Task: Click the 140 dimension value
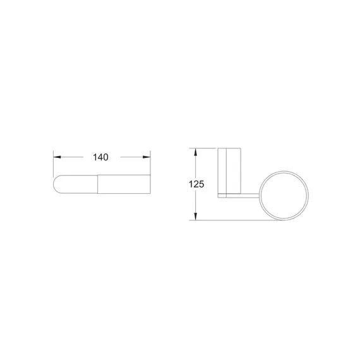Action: point(100,157)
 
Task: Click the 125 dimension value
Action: point(196,184)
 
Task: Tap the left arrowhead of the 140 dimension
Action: point(57,157)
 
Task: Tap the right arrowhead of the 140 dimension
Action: point(147,157)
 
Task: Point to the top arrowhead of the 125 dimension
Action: point(195,152)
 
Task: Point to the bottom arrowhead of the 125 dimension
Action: point(195,216)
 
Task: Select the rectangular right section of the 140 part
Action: point(124,184)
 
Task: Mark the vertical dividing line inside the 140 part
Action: point(98,184)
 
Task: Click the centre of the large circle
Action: point(284,196)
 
